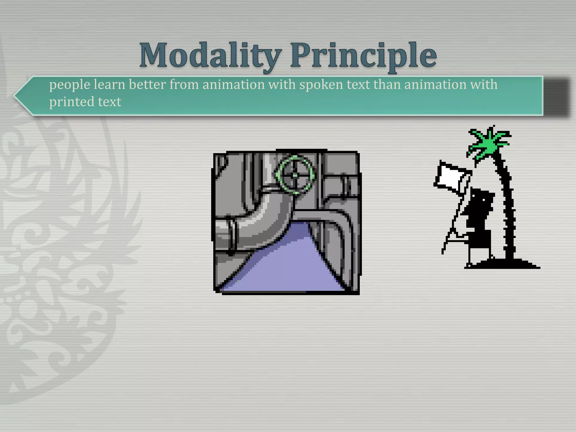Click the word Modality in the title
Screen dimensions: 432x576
pos(210,55)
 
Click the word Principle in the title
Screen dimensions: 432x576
pos(363,55)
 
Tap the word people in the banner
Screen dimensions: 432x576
pos(70,85)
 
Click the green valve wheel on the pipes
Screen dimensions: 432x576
pos(295,174)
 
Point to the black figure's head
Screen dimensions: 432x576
pos(481,198)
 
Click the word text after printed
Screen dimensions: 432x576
pos(109,102)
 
